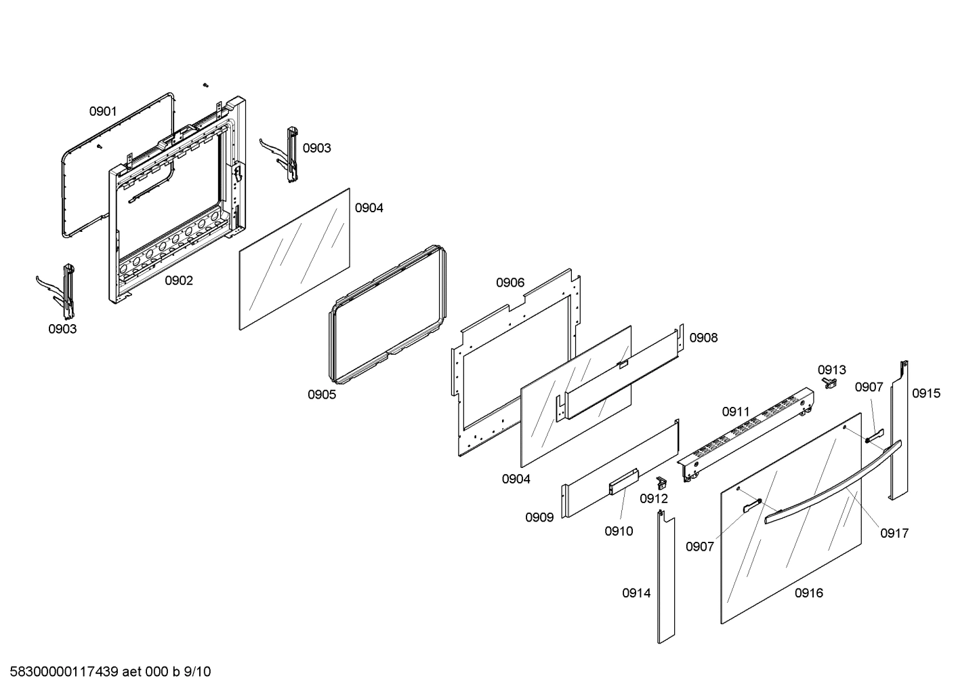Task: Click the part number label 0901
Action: click(103, 111)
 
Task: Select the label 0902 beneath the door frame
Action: click(179, 281)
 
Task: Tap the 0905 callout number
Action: click(321, 395)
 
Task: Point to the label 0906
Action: click(510, 282)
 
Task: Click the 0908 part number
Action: click(703, 338)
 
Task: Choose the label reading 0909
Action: click(539, 517)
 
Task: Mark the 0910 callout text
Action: click(619, 531)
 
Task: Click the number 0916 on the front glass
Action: click(809, 593)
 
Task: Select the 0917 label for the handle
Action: click(894, 534)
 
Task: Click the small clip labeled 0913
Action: click(828, 384)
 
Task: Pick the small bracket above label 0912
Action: click(661, 482)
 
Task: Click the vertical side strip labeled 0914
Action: click(665, 576)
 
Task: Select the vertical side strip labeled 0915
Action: click(898, 434)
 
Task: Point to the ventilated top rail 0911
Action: click(745, 434)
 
